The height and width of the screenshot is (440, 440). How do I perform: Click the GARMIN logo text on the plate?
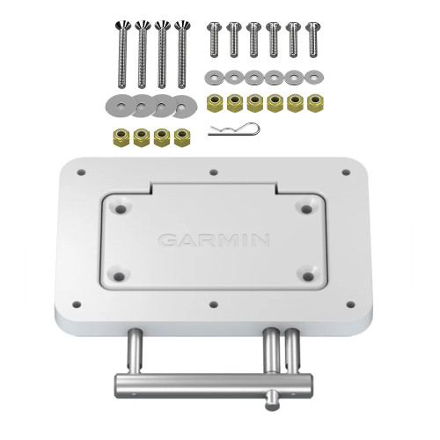214,239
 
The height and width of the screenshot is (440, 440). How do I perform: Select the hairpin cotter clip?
235,132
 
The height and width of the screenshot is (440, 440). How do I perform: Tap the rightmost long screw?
183,53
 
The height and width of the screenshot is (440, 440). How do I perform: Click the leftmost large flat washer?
121,106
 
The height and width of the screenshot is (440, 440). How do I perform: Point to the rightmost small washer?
314,76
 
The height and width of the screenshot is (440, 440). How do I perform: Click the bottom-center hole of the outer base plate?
214,304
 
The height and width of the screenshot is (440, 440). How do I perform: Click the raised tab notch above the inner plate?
214,187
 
